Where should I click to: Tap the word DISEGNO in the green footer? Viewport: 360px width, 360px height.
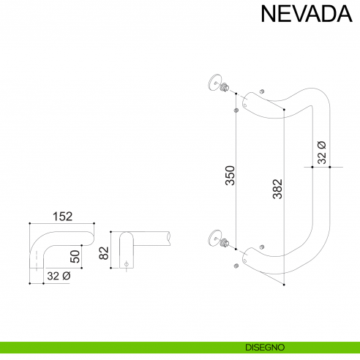(x=260, y=346)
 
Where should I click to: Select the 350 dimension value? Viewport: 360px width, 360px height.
(x=230, y=177)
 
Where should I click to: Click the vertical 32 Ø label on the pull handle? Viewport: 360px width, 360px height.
(x=321, y=151)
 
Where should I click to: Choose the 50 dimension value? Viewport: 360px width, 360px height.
(x=75, y=257)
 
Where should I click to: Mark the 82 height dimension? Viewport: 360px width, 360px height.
(x=104, y=253)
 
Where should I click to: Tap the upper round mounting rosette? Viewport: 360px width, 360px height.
(x=214, y=83)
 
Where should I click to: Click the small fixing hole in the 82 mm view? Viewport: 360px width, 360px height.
(x=127, y=262)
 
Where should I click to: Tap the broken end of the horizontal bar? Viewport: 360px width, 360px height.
(x=170, y=237)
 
